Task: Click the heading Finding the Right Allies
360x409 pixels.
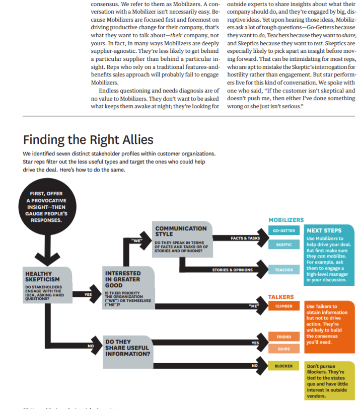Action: [88, 139]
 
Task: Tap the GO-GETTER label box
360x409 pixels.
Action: [283, 230]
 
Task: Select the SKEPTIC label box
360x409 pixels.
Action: [283, 244]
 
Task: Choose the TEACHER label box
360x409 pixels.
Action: [283, 270]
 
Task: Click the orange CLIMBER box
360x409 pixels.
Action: [283, 306]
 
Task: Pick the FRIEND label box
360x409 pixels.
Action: [283, 336]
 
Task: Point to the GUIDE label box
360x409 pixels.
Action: [283, 348]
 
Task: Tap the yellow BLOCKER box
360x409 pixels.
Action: [283, 366]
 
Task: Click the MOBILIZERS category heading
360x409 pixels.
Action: [286, 220]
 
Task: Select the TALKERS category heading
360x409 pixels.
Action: [281, 297]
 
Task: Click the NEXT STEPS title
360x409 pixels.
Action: [325, 231]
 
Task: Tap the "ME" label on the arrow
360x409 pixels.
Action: [253, 306]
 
